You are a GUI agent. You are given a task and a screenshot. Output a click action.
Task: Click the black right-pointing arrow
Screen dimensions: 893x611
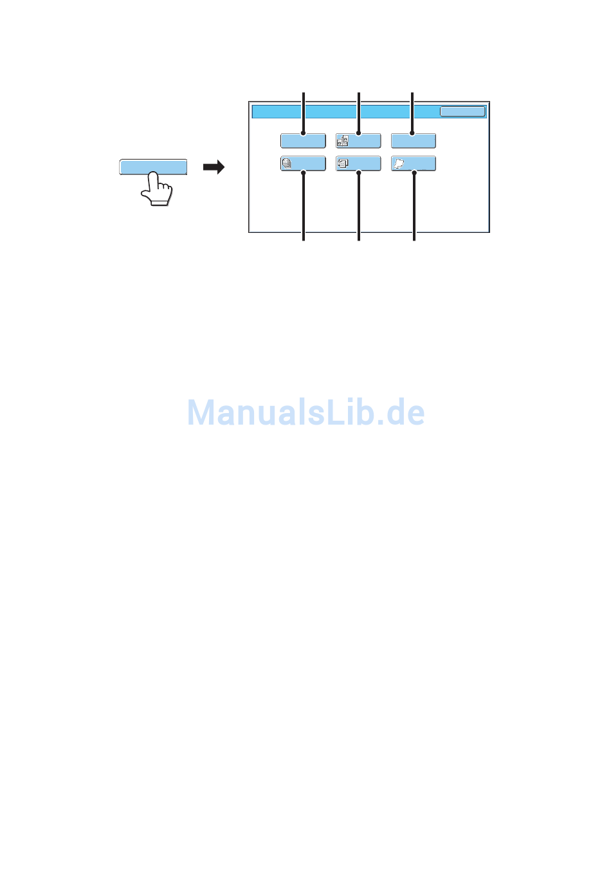click(214, 167)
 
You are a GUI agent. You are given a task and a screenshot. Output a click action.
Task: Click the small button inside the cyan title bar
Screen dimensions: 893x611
click(462, 112)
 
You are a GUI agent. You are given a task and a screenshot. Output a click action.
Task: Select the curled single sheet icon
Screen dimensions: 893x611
click(399, 164)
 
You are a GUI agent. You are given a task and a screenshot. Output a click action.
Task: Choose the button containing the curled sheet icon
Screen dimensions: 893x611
click(414, 163)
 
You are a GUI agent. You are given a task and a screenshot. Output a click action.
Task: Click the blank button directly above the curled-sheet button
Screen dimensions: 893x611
click(414, 140)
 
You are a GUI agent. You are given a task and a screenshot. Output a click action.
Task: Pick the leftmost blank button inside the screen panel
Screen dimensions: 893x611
click(303, 140)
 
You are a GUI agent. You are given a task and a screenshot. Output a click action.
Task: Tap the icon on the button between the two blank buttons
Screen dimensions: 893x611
click(342, 141)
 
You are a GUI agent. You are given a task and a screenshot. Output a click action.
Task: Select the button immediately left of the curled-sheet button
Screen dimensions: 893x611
click(358, 163)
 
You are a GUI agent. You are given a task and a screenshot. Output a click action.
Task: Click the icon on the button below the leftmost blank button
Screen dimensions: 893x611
click(287, 163)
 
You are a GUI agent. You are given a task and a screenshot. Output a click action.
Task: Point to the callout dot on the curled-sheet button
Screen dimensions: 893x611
click(414, 172)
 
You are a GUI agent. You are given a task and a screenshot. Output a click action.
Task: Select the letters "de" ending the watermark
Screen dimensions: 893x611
click(406, 412)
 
